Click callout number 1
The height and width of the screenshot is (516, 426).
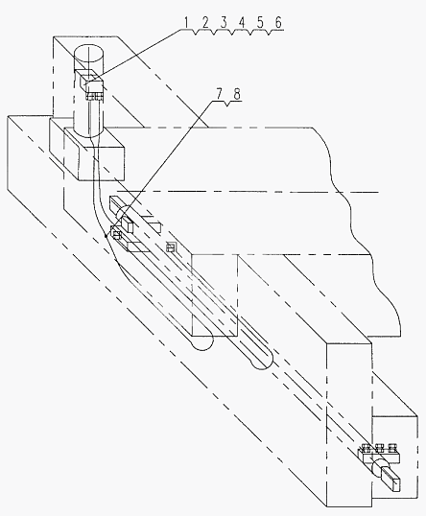[x=186, y=23]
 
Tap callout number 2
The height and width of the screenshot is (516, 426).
[x=205, y=23]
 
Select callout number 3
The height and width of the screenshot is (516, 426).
[x=224, y=23]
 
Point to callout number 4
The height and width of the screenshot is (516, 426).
[x=242, y=23]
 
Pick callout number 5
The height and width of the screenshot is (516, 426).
[x=260, y=23]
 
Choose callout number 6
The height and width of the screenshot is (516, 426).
[x=278, y=23]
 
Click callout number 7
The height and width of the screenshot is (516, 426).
[x=219, y=94]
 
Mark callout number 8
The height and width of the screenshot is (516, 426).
[x=237, y=94]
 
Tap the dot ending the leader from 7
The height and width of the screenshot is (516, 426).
[x=106, y=236]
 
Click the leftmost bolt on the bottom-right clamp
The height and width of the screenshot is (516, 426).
[x=366, y=449]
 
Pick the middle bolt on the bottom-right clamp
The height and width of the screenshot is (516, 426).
[x=379, y=448]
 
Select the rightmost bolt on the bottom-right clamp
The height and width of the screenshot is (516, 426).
[x=391, y=448]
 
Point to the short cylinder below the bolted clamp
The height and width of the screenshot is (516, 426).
[x=378, y=467]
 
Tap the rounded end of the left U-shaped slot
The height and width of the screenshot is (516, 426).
[x=202, y=344]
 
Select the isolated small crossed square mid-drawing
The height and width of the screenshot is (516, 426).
[x=171, y=246]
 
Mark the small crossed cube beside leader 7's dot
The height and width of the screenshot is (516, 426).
[x=116, y=234]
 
